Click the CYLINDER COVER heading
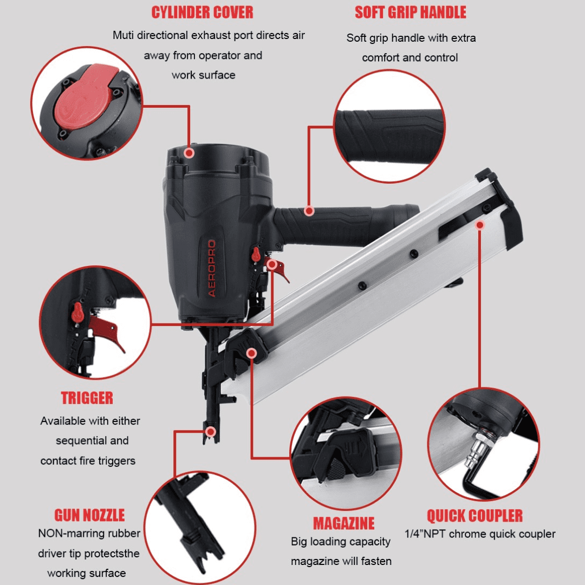[x=202, y=12]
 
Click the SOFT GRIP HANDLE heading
[x=411, y=12]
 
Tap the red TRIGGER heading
[x=87, y=398]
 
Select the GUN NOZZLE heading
[x=89, y=515]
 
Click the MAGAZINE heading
[x=343, y=523]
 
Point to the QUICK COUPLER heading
[x=474, y=516]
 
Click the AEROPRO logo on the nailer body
[x=212, y=268]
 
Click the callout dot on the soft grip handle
[x=309, y=211]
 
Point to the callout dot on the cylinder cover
[x=189, y=153]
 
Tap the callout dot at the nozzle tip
[x=211, y=432]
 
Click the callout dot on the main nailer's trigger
[x=272, y=264]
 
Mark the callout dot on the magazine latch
[x=252, y=353]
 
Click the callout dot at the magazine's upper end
[x=480, y=225]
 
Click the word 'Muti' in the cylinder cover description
[x=123, y=35]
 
